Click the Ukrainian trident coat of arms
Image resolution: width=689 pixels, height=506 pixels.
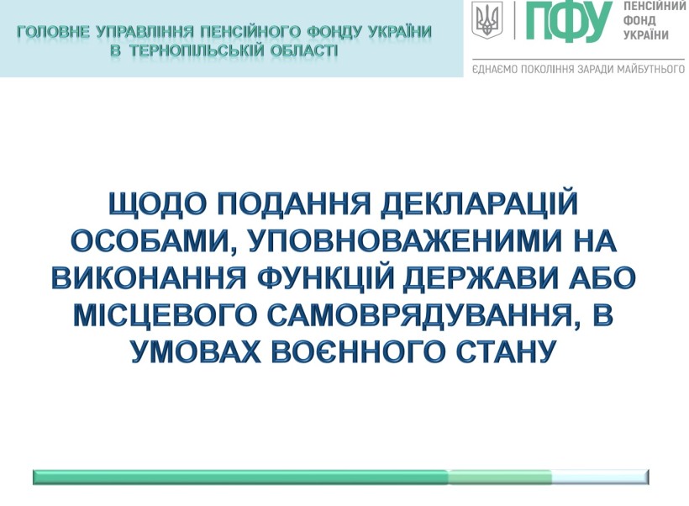click(487, 20)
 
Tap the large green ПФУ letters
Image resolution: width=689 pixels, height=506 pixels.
click(569, 20)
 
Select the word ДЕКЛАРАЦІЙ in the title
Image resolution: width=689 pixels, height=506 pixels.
click(479, 203)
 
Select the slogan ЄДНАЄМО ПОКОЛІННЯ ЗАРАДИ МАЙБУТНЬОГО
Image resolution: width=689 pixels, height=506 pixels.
click(578, 70)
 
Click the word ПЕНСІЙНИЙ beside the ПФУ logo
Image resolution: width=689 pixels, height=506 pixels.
click(655, 6)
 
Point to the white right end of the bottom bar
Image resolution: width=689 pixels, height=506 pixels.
click(600, 477)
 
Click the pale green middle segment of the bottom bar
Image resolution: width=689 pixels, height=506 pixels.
click(500, 477)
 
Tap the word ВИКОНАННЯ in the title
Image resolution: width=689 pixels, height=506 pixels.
click(149, 278)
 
